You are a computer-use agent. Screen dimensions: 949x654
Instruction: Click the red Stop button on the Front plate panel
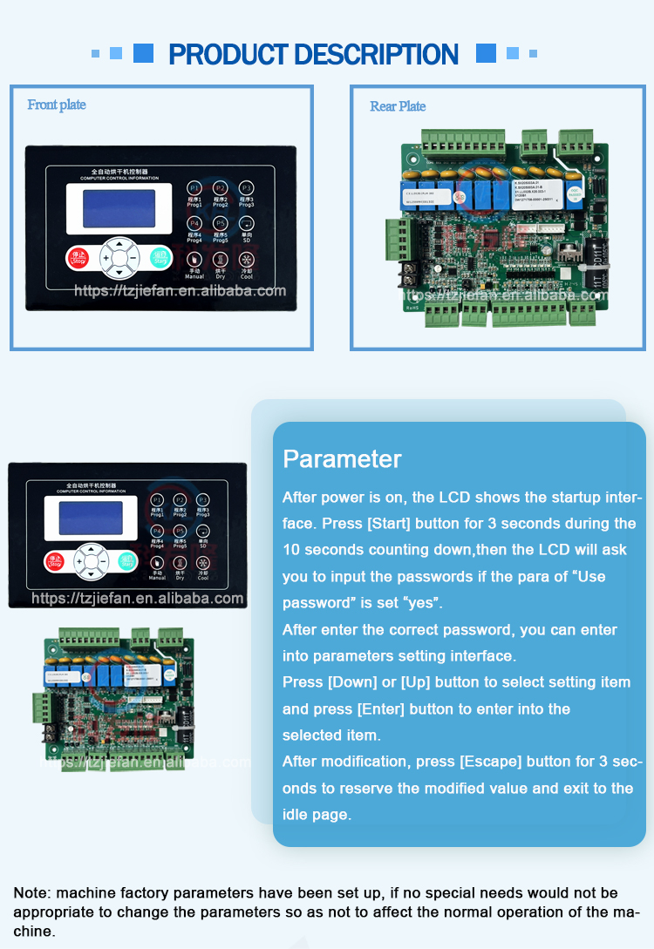78,258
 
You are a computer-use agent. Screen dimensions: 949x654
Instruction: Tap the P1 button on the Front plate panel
194,188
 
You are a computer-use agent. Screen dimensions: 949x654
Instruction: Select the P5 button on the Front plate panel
221,224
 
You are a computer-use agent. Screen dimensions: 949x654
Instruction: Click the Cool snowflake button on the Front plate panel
247,260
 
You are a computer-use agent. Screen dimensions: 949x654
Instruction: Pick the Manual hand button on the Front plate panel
194,260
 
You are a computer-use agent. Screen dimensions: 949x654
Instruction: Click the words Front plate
57,105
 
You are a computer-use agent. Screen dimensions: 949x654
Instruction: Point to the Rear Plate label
398,107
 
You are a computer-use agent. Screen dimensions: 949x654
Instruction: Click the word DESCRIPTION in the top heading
375,55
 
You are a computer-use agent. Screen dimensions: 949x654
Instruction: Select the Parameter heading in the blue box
342,459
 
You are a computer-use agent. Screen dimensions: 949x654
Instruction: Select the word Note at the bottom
30,893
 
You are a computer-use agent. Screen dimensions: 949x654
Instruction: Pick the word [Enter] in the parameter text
380,709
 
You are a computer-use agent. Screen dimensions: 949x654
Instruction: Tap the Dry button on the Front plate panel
221,260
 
